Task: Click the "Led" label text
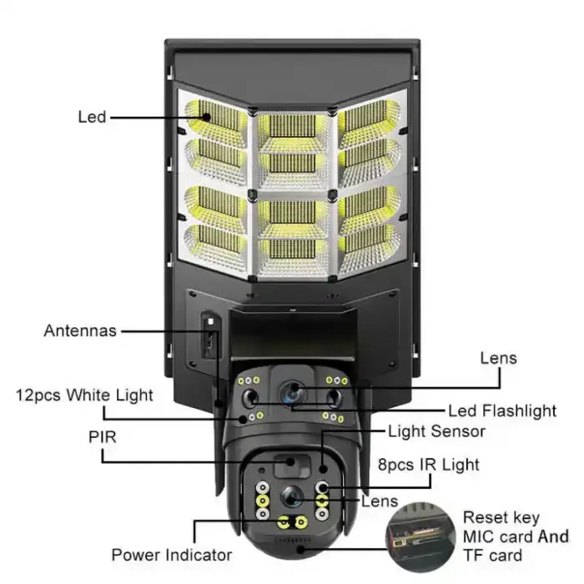coord(92,117)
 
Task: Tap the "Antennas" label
coord(80,330)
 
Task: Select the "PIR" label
coord(102,435)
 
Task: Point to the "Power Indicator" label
coord(174,554)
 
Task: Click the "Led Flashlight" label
coord(502,410)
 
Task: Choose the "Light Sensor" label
coord(436,431)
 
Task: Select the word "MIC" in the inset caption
coord(481,536)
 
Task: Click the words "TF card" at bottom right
coord(493,556)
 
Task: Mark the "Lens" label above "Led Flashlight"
coord(498,359)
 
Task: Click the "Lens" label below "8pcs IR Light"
coord(380,501)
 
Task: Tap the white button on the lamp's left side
coord(211,320)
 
